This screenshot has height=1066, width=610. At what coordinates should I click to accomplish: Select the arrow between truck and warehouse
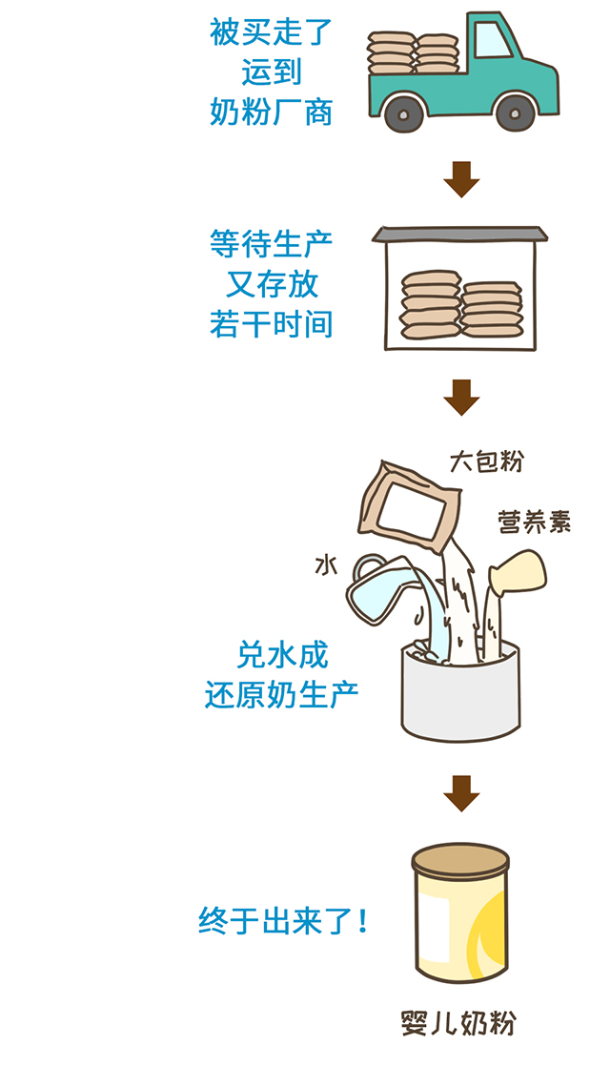pos(461,178)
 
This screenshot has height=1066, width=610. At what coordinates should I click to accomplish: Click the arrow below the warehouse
pos(461,396)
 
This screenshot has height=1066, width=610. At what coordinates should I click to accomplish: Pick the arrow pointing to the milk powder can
pos(461,792)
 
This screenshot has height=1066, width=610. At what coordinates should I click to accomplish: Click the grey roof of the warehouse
pos(461,235)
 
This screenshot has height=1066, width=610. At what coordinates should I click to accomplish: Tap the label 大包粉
pos(486,462)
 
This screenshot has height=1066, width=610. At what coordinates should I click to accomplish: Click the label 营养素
pos(535,522)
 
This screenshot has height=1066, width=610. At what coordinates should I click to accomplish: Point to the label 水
pos(327,565)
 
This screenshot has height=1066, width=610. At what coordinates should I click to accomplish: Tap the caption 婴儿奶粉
pos(459,1023)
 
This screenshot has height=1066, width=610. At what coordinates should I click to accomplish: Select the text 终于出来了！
pos(283,922)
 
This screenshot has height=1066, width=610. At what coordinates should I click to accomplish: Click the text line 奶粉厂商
pos(272,113)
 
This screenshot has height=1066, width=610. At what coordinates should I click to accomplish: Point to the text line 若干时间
pos(272,324)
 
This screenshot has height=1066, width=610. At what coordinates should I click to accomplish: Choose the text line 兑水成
pos(282,655)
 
